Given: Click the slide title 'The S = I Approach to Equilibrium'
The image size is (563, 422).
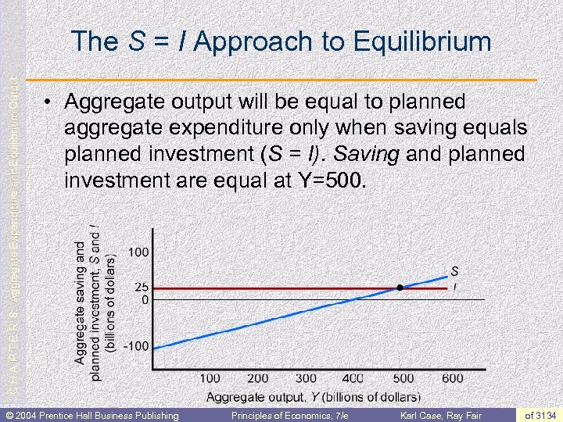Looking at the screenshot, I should [281, 41].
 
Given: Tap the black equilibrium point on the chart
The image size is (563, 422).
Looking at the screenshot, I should [400, 288].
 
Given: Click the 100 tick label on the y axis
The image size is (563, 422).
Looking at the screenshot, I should [139, 252].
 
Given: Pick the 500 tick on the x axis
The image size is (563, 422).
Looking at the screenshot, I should [403, 378].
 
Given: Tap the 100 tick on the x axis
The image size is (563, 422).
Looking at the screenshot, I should [210, 378].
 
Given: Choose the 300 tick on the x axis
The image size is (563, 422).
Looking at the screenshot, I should [307, 378].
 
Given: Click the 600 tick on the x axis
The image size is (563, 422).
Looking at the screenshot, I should [451, 378].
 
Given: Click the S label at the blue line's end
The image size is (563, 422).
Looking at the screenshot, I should [454, 271].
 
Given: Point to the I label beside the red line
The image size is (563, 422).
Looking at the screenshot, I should [454, 288].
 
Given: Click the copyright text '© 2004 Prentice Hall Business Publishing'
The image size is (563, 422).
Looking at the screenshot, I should [91, 415].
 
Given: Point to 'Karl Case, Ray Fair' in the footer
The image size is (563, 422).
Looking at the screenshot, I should [442, 415].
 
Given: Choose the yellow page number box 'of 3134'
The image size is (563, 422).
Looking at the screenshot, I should [540, 415].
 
